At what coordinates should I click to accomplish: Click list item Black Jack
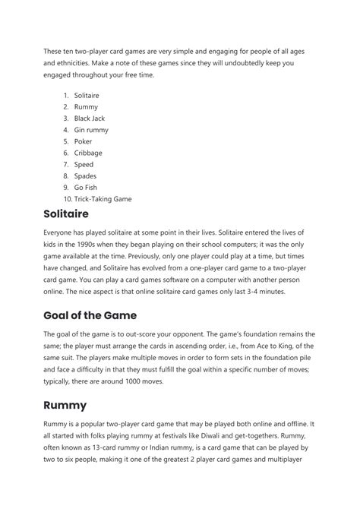click(90, 119)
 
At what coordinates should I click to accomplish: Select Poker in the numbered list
click(83, 141)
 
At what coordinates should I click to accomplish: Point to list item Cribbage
click(88, 153)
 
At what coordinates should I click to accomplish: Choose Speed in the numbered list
click(84, 164)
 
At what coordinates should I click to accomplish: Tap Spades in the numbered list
click(85, 175)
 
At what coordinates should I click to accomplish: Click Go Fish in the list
click(86, 188)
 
